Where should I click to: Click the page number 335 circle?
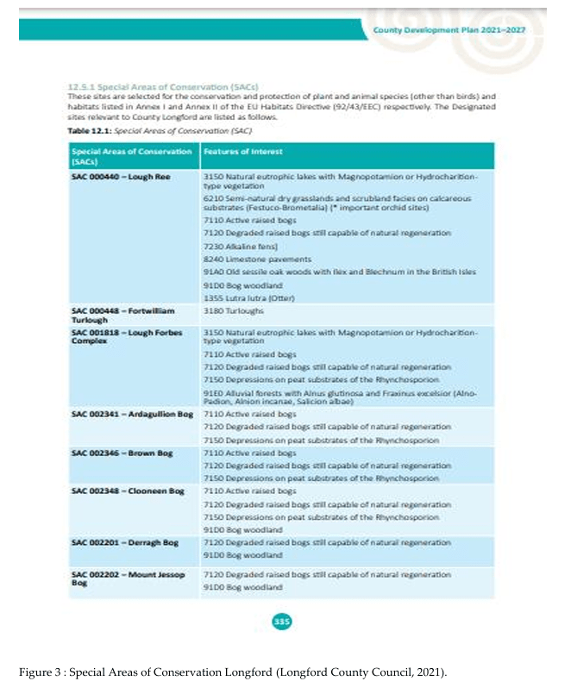(281, 619)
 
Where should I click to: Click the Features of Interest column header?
(237, 152)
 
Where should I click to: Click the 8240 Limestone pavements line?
(248, 259)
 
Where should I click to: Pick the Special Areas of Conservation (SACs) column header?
(131, 156)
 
